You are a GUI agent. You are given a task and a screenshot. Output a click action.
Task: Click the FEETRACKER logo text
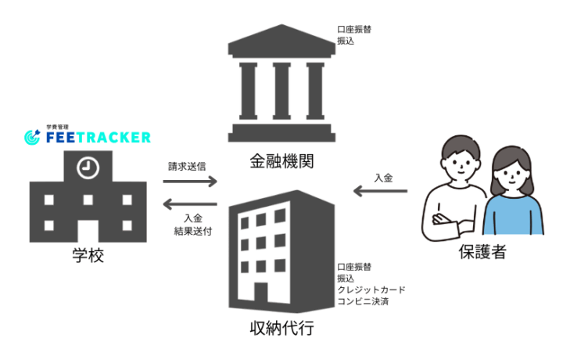[x=99, y=137]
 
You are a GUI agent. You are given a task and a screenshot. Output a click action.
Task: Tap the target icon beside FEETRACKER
[x=32, y=137]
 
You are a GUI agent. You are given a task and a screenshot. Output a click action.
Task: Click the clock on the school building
[x=88, y=167]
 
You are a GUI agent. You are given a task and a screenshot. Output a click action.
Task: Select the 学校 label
[x=88, y=255]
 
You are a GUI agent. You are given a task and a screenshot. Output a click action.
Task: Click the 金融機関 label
[x=281, y=161]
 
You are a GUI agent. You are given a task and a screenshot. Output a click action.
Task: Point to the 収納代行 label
[x=281, y=328]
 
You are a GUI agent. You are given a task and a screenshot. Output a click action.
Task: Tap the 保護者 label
[x=482, y=252]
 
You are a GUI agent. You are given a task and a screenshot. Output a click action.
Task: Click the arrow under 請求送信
[x=190, y=181]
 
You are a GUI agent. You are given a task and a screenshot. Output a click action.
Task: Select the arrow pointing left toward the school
[x=190, y=204]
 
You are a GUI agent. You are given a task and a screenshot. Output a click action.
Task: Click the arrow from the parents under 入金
[x=380, y=191]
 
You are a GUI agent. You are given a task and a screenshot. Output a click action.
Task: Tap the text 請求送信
[x=187, y=167]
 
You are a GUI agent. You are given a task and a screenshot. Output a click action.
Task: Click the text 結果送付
[x=193, y=231]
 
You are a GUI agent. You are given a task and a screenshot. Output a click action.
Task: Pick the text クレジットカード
[x=371, y=290]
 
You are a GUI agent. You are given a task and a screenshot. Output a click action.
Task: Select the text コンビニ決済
[x=363, y=301]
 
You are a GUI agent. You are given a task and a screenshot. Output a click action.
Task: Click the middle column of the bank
[x=281, y=91]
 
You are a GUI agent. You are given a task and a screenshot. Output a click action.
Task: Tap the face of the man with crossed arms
[x=460, y=164]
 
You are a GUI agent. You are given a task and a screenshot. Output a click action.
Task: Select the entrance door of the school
[x=88, y=231]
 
